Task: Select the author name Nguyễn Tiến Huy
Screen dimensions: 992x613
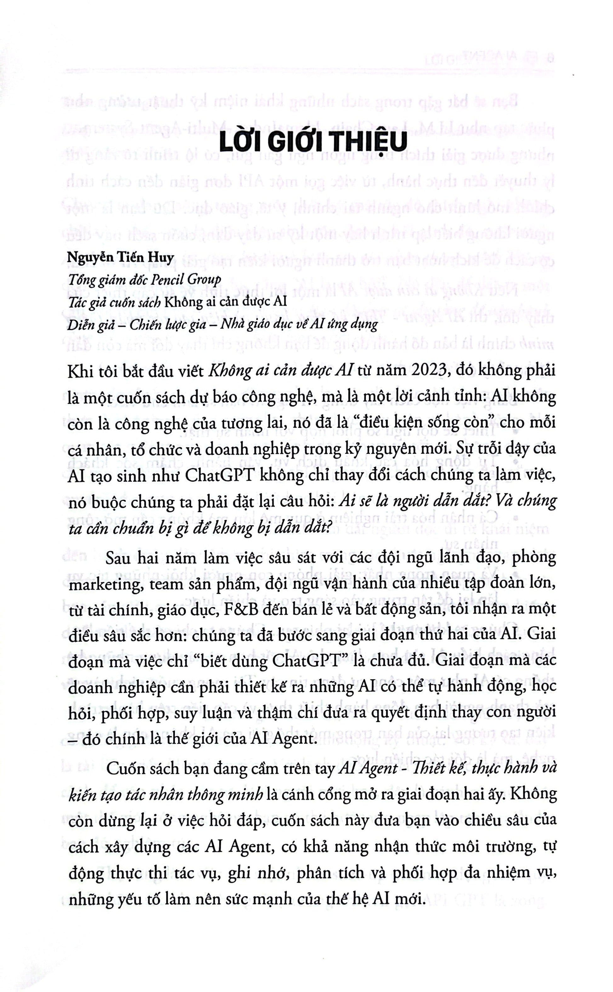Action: click(x=121, y=257)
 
